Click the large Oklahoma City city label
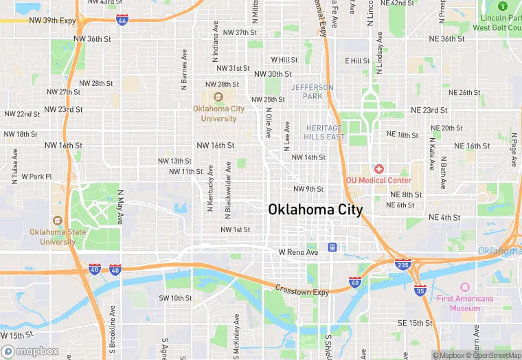coord(315,209)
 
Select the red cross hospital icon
coord(378,169)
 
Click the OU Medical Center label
coord(378,181)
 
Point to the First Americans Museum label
coord(465,304)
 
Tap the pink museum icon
coord(465,287)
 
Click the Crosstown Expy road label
coord(302,291)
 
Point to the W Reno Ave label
coord(298,253)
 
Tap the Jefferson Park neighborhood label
coord(312,92)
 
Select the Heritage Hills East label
coord(325,133)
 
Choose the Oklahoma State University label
coord(58,236)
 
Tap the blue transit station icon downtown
coord(332,247)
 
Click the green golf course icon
coord(502,6)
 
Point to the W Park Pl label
coord(36,177)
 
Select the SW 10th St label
coord(175,298)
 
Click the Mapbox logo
coord(30,351)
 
